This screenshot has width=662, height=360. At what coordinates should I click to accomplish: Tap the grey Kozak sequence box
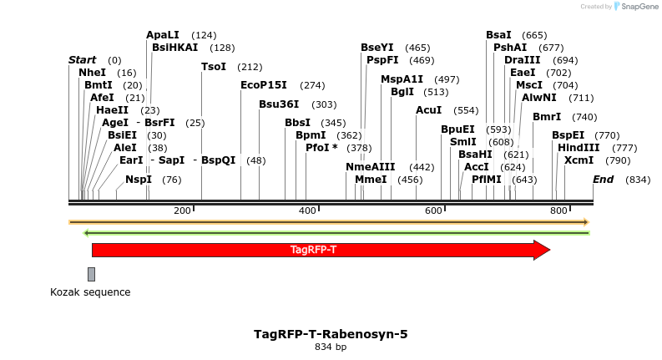(x=91, y=274)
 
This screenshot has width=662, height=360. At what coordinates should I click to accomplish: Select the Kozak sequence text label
(x=90, y=292)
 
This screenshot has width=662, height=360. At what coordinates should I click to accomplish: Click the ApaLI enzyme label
(x=163, y=35)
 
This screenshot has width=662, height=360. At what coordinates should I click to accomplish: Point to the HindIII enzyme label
(x=579, y=148)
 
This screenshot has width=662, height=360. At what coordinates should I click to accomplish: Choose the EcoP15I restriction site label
(x=263, y=85)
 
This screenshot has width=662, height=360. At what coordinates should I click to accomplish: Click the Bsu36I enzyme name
(x=279, y=104)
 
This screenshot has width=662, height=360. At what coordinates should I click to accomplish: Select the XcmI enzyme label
(x=579, y=160)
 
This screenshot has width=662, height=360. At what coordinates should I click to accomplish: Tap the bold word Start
(x=82, y=60)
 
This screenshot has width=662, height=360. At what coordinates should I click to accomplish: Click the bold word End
(x=603, y=180)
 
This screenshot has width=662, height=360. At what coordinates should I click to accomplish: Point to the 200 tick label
(x=183, y=210)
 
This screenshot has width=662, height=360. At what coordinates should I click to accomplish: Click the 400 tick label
(x=308, y=210)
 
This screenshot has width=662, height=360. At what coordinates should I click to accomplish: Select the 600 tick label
(x=433, y=210)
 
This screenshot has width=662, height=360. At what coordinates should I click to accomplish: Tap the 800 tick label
(x=558, y=210)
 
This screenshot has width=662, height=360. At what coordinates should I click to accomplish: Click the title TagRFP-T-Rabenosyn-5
(x=331, y=334)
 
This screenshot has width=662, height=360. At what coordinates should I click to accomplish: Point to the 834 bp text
(x=331, y=347)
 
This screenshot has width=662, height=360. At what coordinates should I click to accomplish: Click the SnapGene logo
(x=634, y=7)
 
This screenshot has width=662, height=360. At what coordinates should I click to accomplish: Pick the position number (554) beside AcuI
(x=466, y=110)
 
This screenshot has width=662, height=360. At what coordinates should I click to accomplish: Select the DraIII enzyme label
(x=522, y=60)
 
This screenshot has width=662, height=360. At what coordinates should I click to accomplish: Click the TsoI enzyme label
(x=214, y=67)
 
